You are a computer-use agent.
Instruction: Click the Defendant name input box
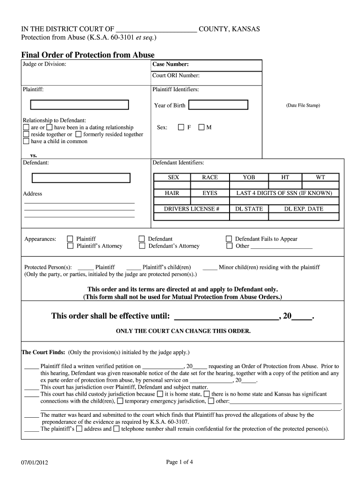pos(81,178)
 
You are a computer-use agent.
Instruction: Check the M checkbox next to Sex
pos(201,127)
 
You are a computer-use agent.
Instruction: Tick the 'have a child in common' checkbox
pos(26,141)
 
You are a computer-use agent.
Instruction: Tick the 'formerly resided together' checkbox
pos(78,134)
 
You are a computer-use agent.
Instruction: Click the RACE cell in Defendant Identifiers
pos(210,177)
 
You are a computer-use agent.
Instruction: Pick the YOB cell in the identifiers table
pos(249,177)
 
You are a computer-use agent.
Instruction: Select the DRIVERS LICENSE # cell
pos(191,209)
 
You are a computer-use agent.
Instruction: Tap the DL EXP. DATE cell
pos(303,209)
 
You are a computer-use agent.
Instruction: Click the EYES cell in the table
pos(210,193)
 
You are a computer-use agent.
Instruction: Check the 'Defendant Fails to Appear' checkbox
pos(229,239)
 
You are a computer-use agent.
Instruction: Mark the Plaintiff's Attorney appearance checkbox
pos(70,246)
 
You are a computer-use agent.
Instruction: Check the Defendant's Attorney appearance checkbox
pos(142,246)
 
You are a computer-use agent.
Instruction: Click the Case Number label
pos(170,65)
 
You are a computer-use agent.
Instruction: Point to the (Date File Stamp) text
pos(303,105)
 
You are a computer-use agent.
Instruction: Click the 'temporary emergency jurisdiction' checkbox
pos(120,401)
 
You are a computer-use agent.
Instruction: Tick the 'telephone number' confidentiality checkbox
pos(116,428)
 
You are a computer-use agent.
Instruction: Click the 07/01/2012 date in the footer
pos(35,463)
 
